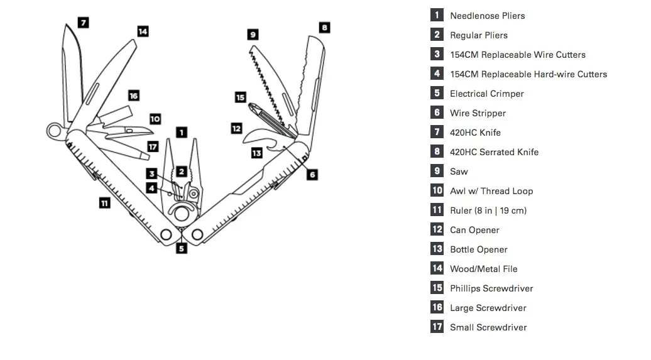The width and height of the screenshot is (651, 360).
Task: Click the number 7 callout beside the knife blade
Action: click(x=84, y=23)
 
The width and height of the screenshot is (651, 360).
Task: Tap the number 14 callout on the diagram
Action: click(x=143, y=31)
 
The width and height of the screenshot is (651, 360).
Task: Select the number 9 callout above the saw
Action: click(x=253, y=34)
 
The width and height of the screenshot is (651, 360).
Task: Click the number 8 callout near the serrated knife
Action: click(x=325, y=28)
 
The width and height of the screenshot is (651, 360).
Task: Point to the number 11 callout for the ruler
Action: click(x=104, y=203)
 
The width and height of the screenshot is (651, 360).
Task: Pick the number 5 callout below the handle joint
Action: click(x=182, y=249)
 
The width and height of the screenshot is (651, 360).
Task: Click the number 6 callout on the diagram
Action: click(x=312, y=175)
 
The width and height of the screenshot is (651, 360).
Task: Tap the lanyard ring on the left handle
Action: click(x=55, y=131)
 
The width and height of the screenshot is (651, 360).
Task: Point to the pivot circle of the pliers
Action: click(x=182, y=214)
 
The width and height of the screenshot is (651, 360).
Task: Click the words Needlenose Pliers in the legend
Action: click(x=488, y=16)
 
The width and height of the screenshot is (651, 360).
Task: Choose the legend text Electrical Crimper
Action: click(x=487, y=94)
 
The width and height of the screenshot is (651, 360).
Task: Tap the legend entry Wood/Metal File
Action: click(x=484, y=269)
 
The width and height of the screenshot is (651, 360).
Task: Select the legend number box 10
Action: click(x=437, y=190)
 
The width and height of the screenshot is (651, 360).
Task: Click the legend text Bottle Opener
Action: click(x=479, y=249)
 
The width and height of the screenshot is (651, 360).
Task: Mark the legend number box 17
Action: click(x=437, y=326)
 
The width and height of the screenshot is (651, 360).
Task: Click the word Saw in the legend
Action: click(x=459, y=172)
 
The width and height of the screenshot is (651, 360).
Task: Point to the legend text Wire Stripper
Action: click(x=478, y=113)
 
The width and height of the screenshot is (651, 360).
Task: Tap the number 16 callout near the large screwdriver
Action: click(x=133, y=95)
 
